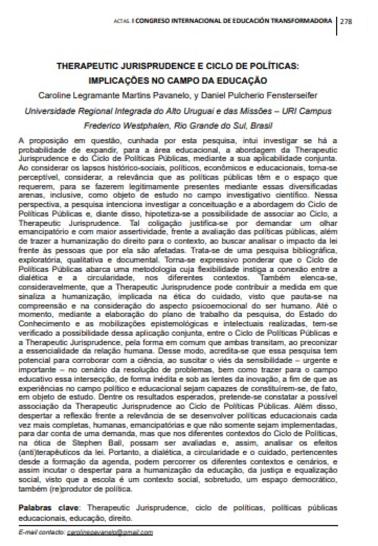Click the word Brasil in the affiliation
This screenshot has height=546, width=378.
point(261,126)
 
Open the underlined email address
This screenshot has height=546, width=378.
point(110,532)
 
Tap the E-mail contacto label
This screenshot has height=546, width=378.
point(41,532)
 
